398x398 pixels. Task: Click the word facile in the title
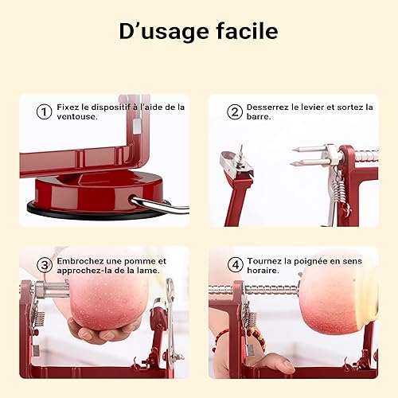click(248, 31)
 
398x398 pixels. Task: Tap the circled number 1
click(44, 111)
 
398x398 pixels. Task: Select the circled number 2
click(235, 111)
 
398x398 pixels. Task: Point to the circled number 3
click(45, 265)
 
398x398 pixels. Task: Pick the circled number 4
click(236, 265)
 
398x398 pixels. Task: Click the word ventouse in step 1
click(76, 116)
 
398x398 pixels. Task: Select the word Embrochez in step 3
click(80, 261)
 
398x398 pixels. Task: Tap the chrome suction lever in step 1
click(159, 205)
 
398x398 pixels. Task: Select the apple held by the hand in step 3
click(106, 302)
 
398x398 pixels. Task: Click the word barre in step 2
click(259, 117)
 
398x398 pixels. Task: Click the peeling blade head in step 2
click(236, 162)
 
